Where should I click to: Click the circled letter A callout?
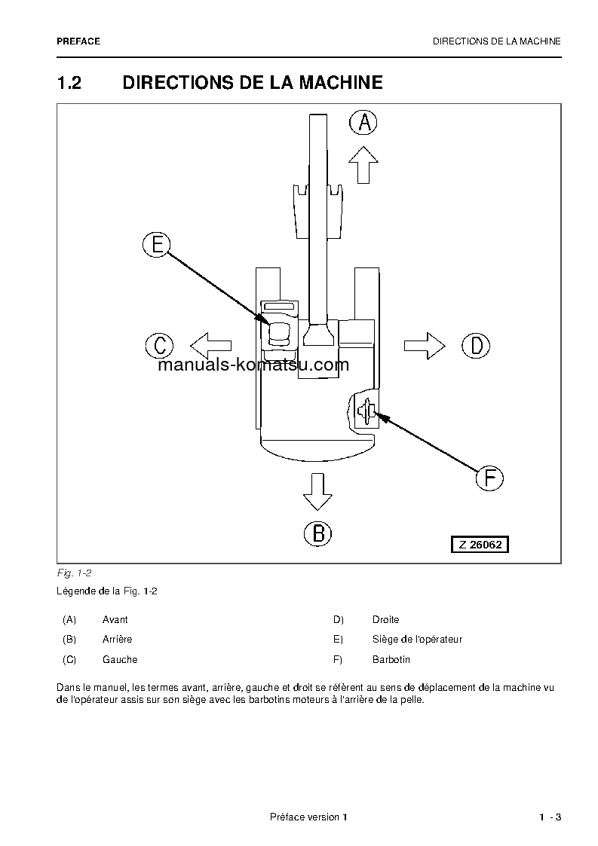click(x=363, y=122)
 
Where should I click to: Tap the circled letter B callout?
click(x=317, y=533)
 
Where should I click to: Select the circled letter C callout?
click(x=159, y=346)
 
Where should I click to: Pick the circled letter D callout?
click(x=476, y=346)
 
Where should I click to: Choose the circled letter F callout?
click(x=489, y=478)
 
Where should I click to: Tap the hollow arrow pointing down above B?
click(x=317, y=492)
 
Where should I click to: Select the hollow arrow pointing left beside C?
click(x=210, y=346)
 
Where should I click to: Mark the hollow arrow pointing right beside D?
click(x=425, y=345)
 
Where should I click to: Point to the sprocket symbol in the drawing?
click(x=367, y=411)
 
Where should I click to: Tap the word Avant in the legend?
click(x=115, y=619)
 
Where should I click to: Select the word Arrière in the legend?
click(x=117, y=639)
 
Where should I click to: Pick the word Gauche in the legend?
click(x=120, y=659)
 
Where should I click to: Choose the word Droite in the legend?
click(x=385, y=619)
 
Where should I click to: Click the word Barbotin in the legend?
click(x=391, y=659)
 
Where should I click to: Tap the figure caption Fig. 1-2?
click(x=74, y=573)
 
